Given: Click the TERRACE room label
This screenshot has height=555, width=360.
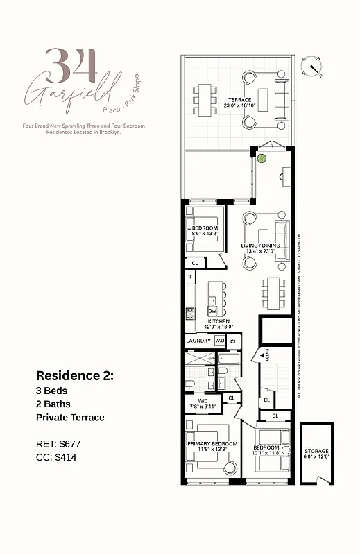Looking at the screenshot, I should tap(239, 99).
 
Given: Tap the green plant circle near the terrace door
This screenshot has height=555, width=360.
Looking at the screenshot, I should tap(262, 158).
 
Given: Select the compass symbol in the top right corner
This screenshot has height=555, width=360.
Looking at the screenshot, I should tap(313, 67).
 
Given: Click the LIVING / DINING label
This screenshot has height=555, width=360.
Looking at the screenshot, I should tap(259, 246).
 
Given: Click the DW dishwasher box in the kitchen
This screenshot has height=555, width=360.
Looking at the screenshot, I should tap(212, 311).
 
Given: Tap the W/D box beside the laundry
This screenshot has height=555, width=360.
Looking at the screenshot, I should tap(219, 341).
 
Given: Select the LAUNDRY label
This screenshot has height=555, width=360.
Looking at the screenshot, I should tap(198, 341).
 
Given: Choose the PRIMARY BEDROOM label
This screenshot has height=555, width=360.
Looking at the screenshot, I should tap(212, 443).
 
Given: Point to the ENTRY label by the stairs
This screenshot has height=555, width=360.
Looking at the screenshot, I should tap(267, 355).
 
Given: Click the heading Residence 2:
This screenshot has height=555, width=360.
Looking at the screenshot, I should tap(75, 375).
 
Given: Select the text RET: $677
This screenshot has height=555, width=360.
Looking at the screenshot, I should tap(59, 443).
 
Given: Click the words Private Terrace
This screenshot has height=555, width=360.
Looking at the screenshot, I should tap(70, 417).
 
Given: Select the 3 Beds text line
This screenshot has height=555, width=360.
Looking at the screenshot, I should tap(51, 391).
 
